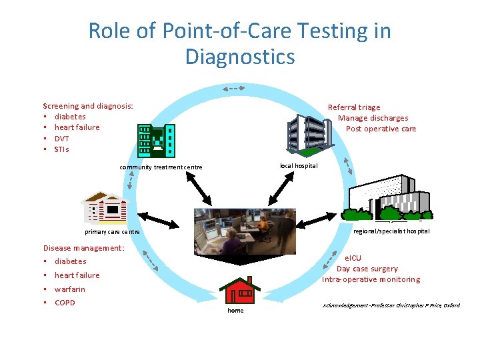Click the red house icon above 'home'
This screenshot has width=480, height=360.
pos(239,290)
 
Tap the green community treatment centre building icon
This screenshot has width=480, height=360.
pos(156,140)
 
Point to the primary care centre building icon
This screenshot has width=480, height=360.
pos(105,207)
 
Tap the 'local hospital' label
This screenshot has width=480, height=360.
pos(299,165)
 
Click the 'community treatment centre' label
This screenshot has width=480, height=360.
pos(161,167)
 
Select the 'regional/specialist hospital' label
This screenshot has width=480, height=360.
pos(391,231)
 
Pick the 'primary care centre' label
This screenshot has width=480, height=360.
pos(112,232)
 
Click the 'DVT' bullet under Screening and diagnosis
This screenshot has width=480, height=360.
pos(61,139)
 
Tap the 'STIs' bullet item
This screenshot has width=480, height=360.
pos(61,149)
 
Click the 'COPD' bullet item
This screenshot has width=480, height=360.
pos(65,303)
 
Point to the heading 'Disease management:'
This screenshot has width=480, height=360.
pos(83,248)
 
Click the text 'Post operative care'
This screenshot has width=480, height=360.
pos(381,129)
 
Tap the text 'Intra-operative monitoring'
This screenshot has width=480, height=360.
pos(371,279)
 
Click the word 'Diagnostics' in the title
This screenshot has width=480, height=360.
pos(239,57)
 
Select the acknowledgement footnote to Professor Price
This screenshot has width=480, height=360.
pos(391,305)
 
